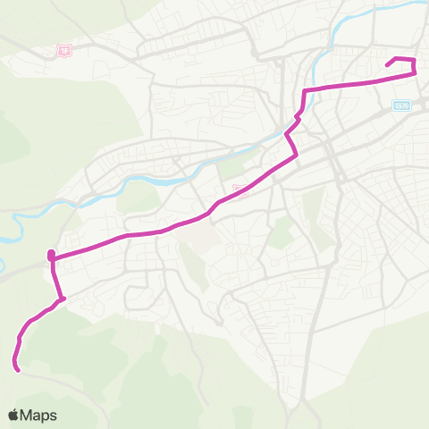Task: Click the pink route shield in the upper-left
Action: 63,51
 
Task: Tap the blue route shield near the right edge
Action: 400,105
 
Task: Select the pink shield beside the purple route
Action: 240,189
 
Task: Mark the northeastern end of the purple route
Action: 386,64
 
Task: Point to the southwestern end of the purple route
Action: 17,367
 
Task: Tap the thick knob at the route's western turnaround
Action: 51,257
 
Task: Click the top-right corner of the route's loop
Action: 414,60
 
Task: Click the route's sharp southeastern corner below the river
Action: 296,155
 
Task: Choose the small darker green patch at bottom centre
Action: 240,414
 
